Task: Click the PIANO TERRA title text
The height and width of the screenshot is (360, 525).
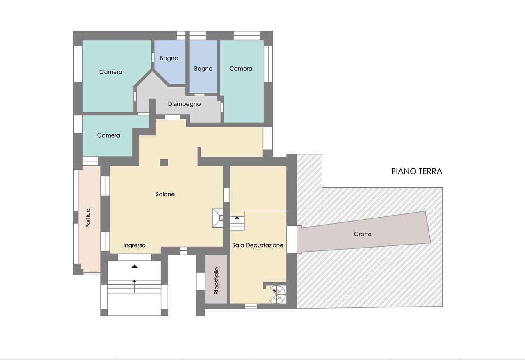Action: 416,171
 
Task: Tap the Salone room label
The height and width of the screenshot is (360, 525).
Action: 165,194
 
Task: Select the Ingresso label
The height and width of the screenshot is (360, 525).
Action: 134,245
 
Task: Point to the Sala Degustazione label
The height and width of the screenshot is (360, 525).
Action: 258,245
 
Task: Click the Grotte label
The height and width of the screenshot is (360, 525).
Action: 363,234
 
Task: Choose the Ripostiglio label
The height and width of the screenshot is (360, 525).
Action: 216,280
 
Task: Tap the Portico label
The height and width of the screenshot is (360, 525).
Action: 88,218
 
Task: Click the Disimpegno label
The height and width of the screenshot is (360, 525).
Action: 184,104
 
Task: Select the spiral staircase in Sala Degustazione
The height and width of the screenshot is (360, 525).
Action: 278,294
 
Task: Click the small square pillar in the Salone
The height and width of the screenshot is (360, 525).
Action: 164,163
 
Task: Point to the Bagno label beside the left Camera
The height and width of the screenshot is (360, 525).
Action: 169,58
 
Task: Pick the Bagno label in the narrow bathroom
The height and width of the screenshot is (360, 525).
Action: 203,69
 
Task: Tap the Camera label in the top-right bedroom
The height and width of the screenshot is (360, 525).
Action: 241,69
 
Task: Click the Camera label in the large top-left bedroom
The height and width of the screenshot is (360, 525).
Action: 111,72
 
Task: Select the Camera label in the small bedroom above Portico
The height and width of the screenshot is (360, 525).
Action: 109,135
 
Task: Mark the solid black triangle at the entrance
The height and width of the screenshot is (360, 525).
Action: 134,266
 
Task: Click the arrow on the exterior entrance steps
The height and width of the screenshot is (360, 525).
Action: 134,286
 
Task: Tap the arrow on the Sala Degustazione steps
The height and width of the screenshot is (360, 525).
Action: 237,223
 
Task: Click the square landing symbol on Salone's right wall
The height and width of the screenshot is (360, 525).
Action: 218,218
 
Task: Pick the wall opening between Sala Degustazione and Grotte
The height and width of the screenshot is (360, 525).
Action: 292,239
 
